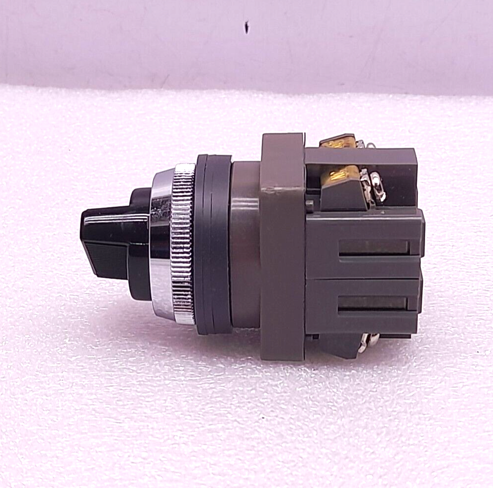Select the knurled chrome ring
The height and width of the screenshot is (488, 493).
[183, 244]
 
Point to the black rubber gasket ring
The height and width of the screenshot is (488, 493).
[212, 244]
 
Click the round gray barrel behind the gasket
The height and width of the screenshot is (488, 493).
[245, 244]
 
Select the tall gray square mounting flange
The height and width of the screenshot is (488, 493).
[282, 247]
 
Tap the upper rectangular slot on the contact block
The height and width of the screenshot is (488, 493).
[373, 247]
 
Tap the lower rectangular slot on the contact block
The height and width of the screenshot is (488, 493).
[372, 303]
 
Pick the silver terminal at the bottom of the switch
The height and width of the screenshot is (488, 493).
[368, 341]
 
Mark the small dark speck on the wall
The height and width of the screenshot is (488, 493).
[246, 27]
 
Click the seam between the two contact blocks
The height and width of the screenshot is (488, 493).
[363, 278]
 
